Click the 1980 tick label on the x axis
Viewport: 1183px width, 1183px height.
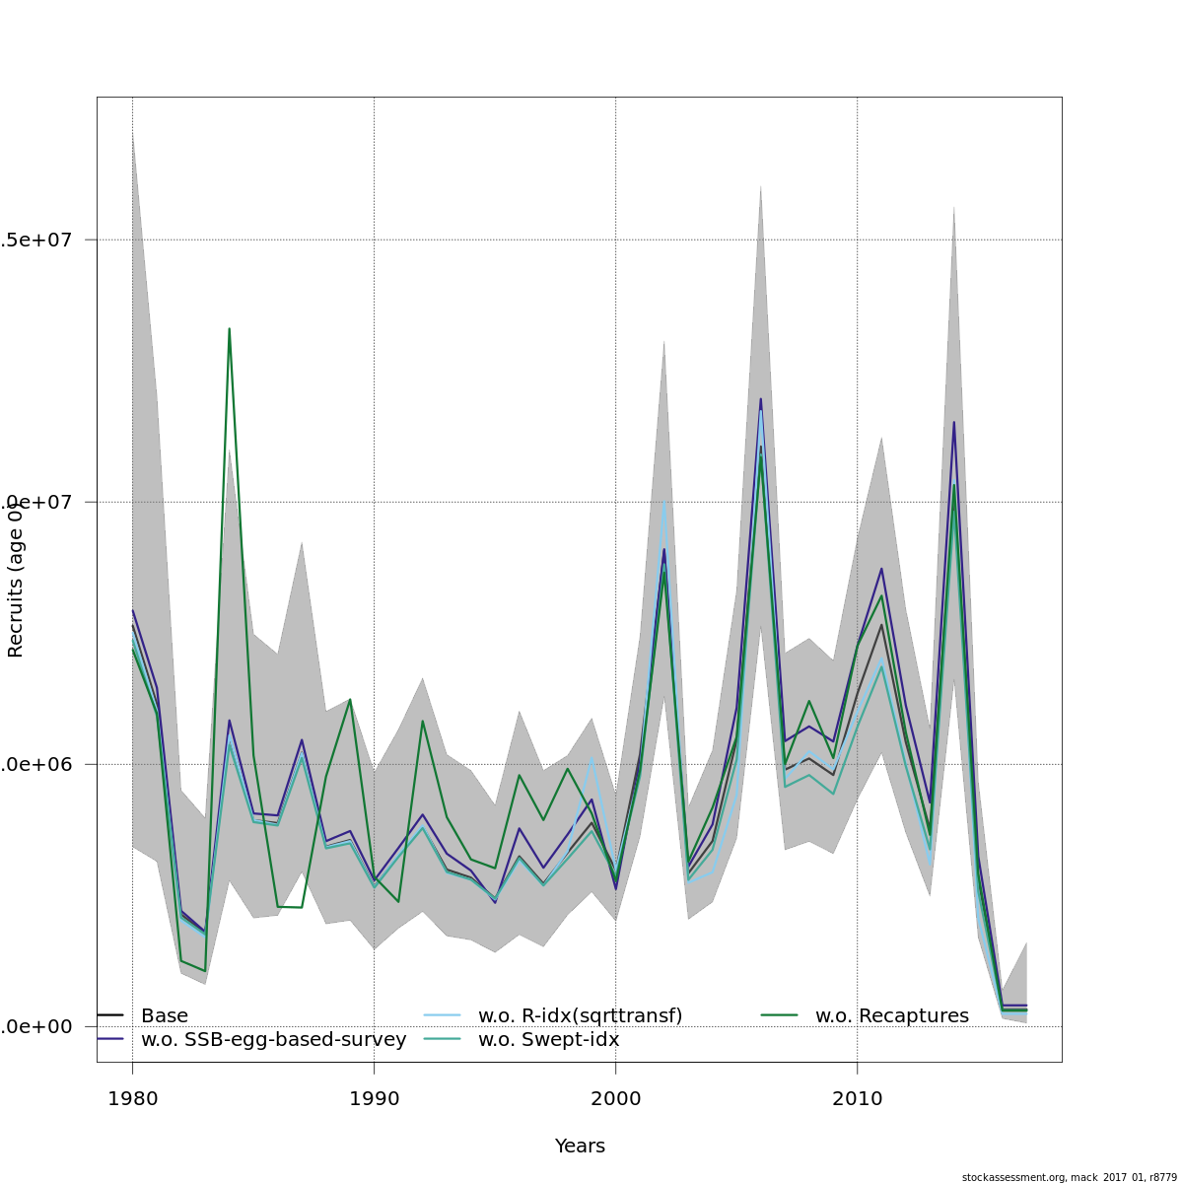(x=132, y=1099)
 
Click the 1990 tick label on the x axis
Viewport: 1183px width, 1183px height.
(x=374, y=1099)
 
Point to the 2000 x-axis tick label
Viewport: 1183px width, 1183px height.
(x=615, y=1099)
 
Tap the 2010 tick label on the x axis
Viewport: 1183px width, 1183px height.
(x=857, y=1099)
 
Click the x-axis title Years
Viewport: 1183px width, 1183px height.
(x=580, y=1147)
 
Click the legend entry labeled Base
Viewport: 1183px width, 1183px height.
(x=164, y=1015)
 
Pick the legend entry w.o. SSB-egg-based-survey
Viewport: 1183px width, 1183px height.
(x=273, y=1040)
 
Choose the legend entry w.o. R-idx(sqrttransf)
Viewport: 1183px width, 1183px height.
(x=580, y=1015)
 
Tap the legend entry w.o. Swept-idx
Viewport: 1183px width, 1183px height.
(x=548, y=1040)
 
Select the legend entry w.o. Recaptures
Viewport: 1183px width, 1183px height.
(x=891, y=1015)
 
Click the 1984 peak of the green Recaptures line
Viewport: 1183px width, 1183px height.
(x=229, y=328)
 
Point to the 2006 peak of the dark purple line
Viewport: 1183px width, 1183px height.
(x=760, y=398)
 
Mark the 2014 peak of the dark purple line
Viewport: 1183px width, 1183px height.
(x=953, y=422)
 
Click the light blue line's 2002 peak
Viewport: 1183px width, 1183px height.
(x=664, y=501)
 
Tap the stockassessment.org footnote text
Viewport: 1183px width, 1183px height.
(x=1069, y=1177)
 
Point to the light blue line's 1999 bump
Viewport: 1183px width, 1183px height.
(x=591, y=758)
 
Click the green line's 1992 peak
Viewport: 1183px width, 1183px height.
(x=422, y=721)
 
